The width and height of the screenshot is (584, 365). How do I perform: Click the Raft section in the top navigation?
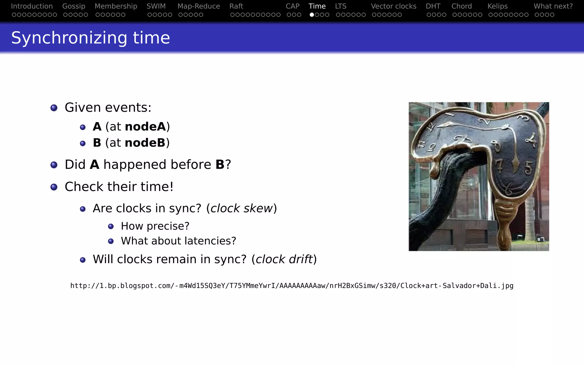236,6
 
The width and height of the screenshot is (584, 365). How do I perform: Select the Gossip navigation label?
74,6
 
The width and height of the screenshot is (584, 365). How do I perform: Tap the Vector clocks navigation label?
394,6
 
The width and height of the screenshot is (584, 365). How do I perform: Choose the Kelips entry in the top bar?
497,6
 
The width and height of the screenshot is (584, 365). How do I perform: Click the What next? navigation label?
553,6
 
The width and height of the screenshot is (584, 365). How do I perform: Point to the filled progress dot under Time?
312,15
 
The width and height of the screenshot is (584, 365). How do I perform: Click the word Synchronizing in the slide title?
68,38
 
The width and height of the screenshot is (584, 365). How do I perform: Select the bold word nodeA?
145,127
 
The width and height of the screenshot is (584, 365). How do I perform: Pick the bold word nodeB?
145,143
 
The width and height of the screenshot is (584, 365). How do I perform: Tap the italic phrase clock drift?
284,259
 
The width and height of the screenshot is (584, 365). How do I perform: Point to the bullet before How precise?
111,226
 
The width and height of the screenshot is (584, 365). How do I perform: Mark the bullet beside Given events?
54,108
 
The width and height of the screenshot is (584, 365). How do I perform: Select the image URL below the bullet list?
292,286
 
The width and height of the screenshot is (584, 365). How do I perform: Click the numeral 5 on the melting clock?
528,168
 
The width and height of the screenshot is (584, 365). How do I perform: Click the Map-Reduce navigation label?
198,6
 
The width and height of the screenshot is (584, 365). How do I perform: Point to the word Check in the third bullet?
84,187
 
